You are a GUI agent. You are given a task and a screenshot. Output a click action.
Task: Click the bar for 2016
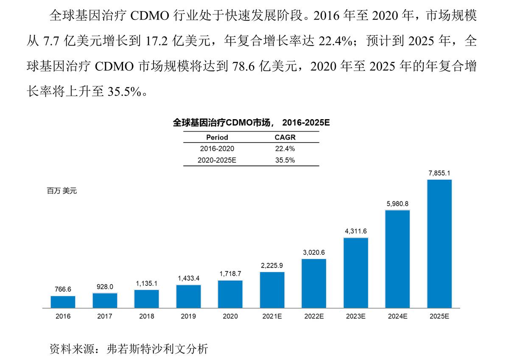click(63, 301)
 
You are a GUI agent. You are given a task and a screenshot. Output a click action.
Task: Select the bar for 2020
click(230, 294)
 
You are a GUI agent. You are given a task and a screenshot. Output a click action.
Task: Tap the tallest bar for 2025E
click(439, 243)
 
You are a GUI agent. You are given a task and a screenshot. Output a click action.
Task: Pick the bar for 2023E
click(356, 273)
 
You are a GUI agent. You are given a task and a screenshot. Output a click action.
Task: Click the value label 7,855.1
click(439, 173)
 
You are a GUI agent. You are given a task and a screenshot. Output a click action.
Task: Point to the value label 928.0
click(105, 287)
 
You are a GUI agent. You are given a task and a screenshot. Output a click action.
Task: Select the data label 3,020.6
click(314, 252)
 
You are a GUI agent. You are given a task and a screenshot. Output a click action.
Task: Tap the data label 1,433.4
click(188, 278)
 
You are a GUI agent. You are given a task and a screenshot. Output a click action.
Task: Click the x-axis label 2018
click(147, 316)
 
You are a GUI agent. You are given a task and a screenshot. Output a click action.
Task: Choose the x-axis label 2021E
click(272, 316)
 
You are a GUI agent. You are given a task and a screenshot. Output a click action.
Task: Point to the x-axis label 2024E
click(397, 316)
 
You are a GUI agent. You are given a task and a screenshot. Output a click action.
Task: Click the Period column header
click(217, 137)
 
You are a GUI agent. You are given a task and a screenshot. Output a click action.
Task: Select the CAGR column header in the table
click(285, 137)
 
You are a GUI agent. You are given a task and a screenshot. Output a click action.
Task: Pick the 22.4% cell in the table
click(285, 149)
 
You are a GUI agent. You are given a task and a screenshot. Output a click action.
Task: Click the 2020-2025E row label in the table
click(217, 160)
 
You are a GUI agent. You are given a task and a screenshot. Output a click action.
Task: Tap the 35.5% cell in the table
click(285, 160)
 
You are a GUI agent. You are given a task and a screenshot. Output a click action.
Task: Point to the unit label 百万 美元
click(62, 191)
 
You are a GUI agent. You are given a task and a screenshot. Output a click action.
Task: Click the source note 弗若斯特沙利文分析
click(157, 349)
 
